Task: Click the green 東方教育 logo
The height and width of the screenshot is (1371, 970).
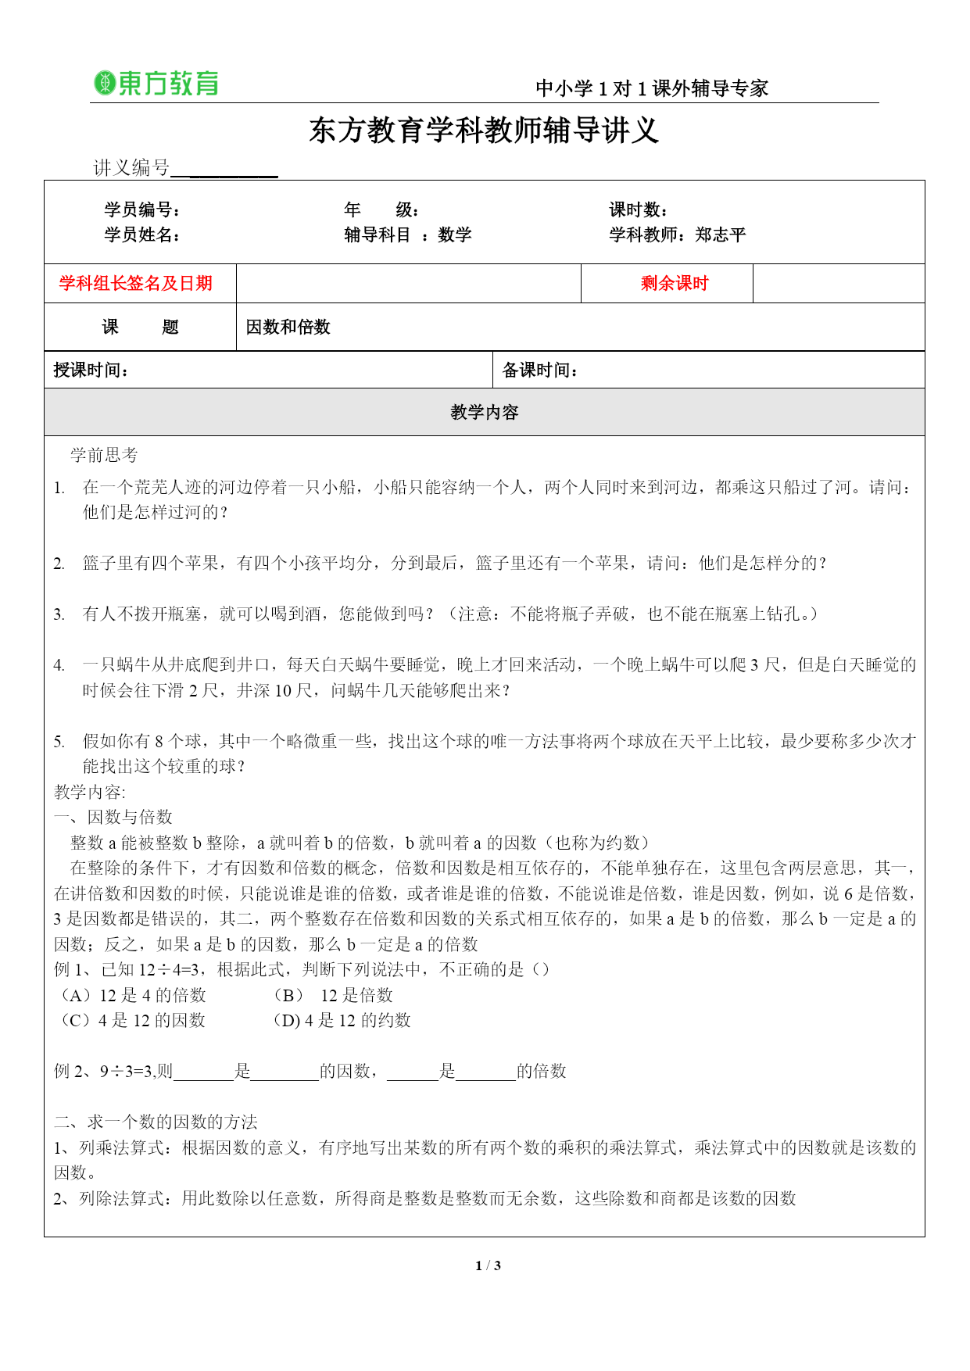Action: click(x=156, y=84)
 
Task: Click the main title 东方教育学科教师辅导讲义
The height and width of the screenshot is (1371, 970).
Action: click(x=484, y=131)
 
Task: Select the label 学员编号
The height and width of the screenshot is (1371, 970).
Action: click(x=142, y=209)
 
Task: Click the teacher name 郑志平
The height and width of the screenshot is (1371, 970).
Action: click(x=720, y=234)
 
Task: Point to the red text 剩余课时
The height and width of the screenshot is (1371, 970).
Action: click(x=674, y=283)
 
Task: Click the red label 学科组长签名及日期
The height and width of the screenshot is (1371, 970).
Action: click(x=136, y=283)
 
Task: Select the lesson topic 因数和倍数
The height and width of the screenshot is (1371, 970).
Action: click(x=288, y=327)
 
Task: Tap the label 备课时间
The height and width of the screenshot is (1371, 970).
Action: click(x=540, y=370)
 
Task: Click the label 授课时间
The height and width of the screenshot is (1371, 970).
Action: click(x=91, y=370)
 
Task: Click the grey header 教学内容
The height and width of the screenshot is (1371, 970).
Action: click(x=484, y=412)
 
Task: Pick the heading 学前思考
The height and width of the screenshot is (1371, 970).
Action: click(x=104, y=455)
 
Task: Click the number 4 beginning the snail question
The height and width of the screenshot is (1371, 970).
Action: click(x=59, y=665)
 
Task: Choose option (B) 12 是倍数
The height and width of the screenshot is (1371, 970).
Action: click(x=333, y=995)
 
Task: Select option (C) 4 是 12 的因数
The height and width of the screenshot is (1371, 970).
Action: click(x=133, y=1020)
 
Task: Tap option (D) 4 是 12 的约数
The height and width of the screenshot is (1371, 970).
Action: click(x=342, y=1020)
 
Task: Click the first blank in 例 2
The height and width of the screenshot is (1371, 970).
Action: click(x=203, y=1072)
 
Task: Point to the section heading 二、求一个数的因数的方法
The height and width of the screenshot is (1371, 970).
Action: click(x=156, y=1122)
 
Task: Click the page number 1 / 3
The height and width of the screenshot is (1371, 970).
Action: click(x=488, y=1265)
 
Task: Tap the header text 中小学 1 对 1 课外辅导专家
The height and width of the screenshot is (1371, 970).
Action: click(x=652, y=88)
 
